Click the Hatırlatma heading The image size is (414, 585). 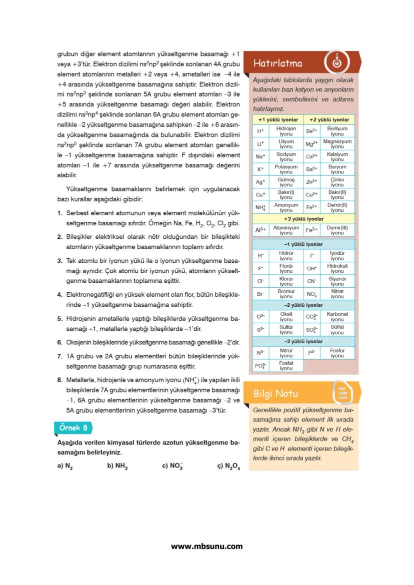click(x=277, y=63)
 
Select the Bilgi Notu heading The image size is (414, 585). click(x=276, y=393)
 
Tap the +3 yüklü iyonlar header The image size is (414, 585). click(x=303, y=219)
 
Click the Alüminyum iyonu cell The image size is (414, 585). click(x=286, y=230)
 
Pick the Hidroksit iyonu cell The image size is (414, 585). click(x=337, y=269)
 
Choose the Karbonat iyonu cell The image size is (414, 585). click(x=337, y=317)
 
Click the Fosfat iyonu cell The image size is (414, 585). click(x=286, y=366)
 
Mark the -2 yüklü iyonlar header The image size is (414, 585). click(x=303, y=305)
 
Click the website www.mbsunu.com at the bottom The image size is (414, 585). click(x=206, y=546)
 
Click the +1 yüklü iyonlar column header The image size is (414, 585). click(x=278, y=120)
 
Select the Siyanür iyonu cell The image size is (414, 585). click(x=337, y=282)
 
